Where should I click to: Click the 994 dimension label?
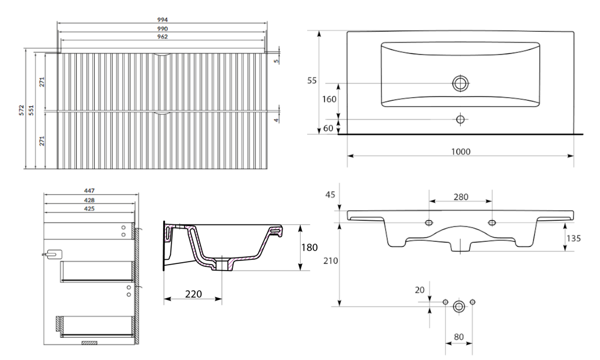click(x=162, y=20)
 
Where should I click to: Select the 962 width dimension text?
click(x=162, y=37)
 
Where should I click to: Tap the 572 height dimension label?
click(x=22, y=110)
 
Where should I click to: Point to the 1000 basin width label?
click(x=461, y=152)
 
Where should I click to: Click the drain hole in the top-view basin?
click(x=460, y=83)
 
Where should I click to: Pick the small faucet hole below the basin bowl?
click(x=460, y=119)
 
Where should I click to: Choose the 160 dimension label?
click(x=329, y=100)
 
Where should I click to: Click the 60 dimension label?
click(x=328, y=128)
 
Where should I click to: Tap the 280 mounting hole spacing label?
click(x=461, y=197)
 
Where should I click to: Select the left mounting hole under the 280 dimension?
click(x=429, y=222)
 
